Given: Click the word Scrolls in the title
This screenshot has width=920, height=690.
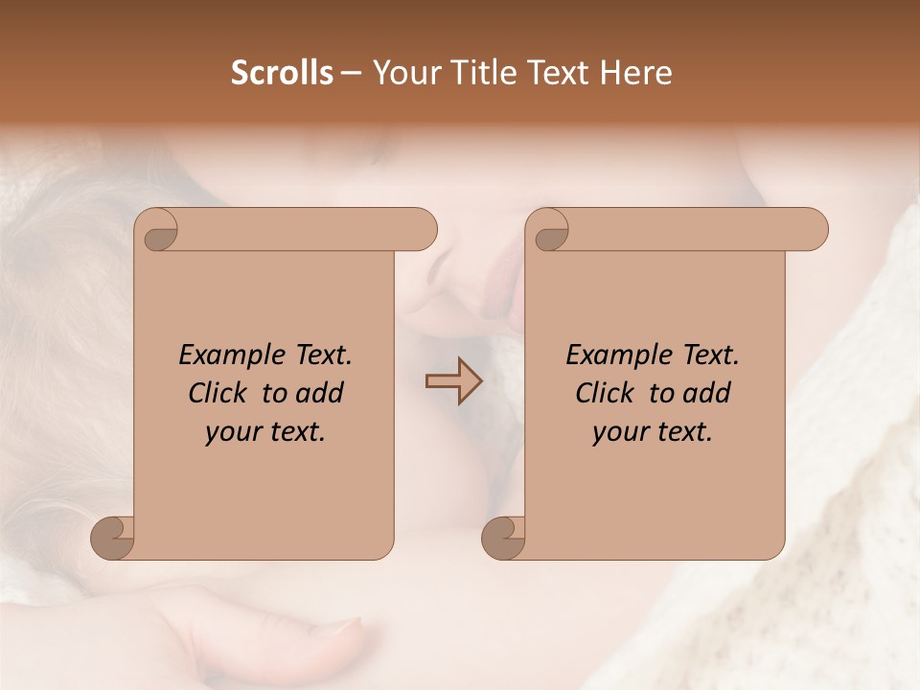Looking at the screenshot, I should point(282,73).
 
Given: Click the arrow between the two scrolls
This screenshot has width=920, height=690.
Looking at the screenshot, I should point(454,381).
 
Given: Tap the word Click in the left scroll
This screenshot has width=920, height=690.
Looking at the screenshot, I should point(220,393).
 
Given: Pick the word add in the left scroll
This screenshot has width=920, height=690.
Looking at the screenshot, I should point(321,393).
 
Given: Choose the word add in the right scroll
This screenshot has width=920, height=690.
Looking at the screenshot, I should point(708,393).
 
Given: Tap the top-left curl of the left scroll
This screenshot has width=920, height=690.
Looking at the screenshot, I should point(158,231).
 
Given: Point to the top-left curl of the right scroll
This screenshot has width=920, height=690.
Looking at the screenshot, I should point(549,231).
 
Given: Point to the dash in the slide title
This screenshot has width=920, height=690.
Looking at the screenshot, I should point(351,74).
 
